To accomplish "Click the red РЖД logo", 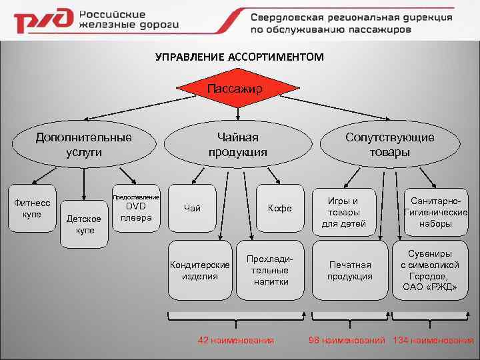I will tap(41, 23).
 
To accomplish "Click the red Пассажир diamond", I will tap(234, 89).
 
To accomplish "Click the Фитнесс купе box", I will tap(32, 208).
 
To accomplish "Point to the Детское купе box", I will tap(84, 224).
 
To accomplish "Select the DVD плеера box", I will tap(136, 208).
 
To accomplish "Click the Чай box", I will tap(192, 208).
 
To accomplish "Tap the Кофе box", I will tap(279, 208).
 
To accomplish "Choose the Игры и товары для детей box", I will tap(343, 212).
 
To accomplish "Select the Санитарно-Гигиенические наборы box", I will tap(435, 212).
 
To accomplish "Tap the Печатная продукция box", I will tap(349, 270).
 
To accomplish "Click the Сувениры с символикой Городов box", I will tap(430, 270).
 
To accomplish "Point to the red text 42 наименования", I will tap(236, 341).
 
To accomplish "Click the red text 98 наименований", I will tap(347, 341).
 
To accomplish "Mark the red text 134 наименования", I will tap(434, 341).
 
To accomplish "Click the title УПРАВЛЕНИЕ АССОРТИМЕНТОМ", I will tap(239, 57).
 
